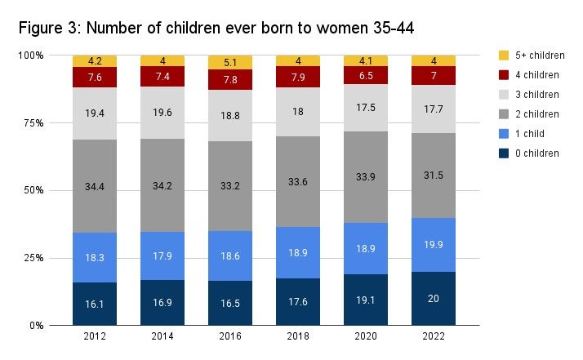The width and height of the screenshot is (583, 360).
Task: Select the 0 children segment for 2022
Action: (x=434, y=298)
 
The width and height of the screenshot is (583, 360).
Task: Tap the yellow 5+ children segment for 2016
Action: (x=229, y=62)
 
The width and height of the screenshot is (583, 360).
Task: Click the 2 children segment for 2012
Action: (x=95, y=186)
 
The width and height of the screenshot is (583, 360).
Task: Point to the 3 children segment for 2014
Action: (x=162, y=113)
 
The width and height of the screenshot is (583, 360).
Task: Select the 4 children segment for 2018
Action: (x=298, y=77)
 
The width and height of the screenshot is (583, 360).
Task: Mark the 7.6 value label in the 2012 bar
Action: (x=95, y=78)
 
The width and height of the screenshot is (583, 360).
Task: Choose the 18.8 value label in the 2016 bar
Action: (x=229, y=116)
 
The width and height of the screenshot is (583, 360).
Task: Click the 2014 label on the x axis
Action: (x=162, y=336)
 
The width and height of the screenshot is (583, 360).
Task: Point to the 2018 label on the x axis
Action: (x=298, y=336)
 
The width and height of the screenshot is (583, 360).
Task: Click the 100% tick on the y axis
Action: (x=30, y=56)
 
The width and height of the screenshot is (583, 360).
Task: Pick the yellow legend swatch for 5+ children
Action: (x=503, y=56)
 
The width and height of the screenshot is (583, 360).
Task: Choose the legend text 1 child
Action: (x=532, y=134)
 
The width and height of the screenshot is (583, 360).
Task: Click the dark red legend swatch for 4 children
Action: (x=503, y=75)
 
